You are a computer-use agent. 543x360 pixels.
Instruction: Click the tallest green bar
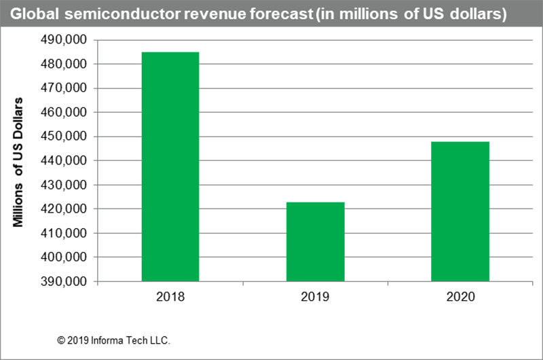coord(170,163)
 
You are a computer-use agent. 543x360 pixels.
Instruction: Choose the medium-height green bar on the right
coord(460,210)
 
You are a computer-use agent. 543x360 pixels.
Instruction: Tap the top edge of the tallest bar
coord(170,47)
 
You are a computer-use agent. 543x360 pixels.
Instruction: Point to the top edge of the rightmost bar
coord(460,141)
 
